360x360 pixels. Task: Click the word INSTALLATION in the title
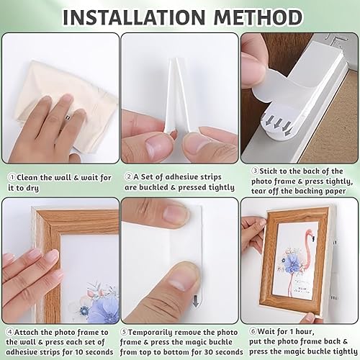(x=134, y=17)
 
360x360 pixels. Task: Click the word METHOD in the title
(x=258, y=17)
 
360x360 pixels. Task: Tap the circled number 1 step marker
(x=12, y=177)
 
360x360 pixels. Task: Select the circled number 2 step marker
(x=129, y=177)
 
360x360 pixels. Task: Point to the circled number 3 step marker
(x=255, y=171)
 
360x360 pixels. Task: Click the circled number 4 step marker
(x=9, y=333)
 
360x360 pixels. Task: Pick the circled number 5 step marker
(x=124, y=333)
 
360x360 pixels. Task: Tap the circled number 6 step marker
(x=253, y=331)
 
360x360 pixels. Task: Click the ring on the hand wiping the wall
(x=68, y=117)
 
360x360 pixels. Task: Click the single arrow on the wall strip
(x=196, y=301)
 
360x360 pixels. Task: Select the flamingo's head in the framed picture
(x=310, y=234)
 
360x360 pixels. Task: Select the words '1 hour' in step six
(x=302, y=331)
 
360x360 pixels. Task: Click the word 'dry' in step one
(x=32, y=188)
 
